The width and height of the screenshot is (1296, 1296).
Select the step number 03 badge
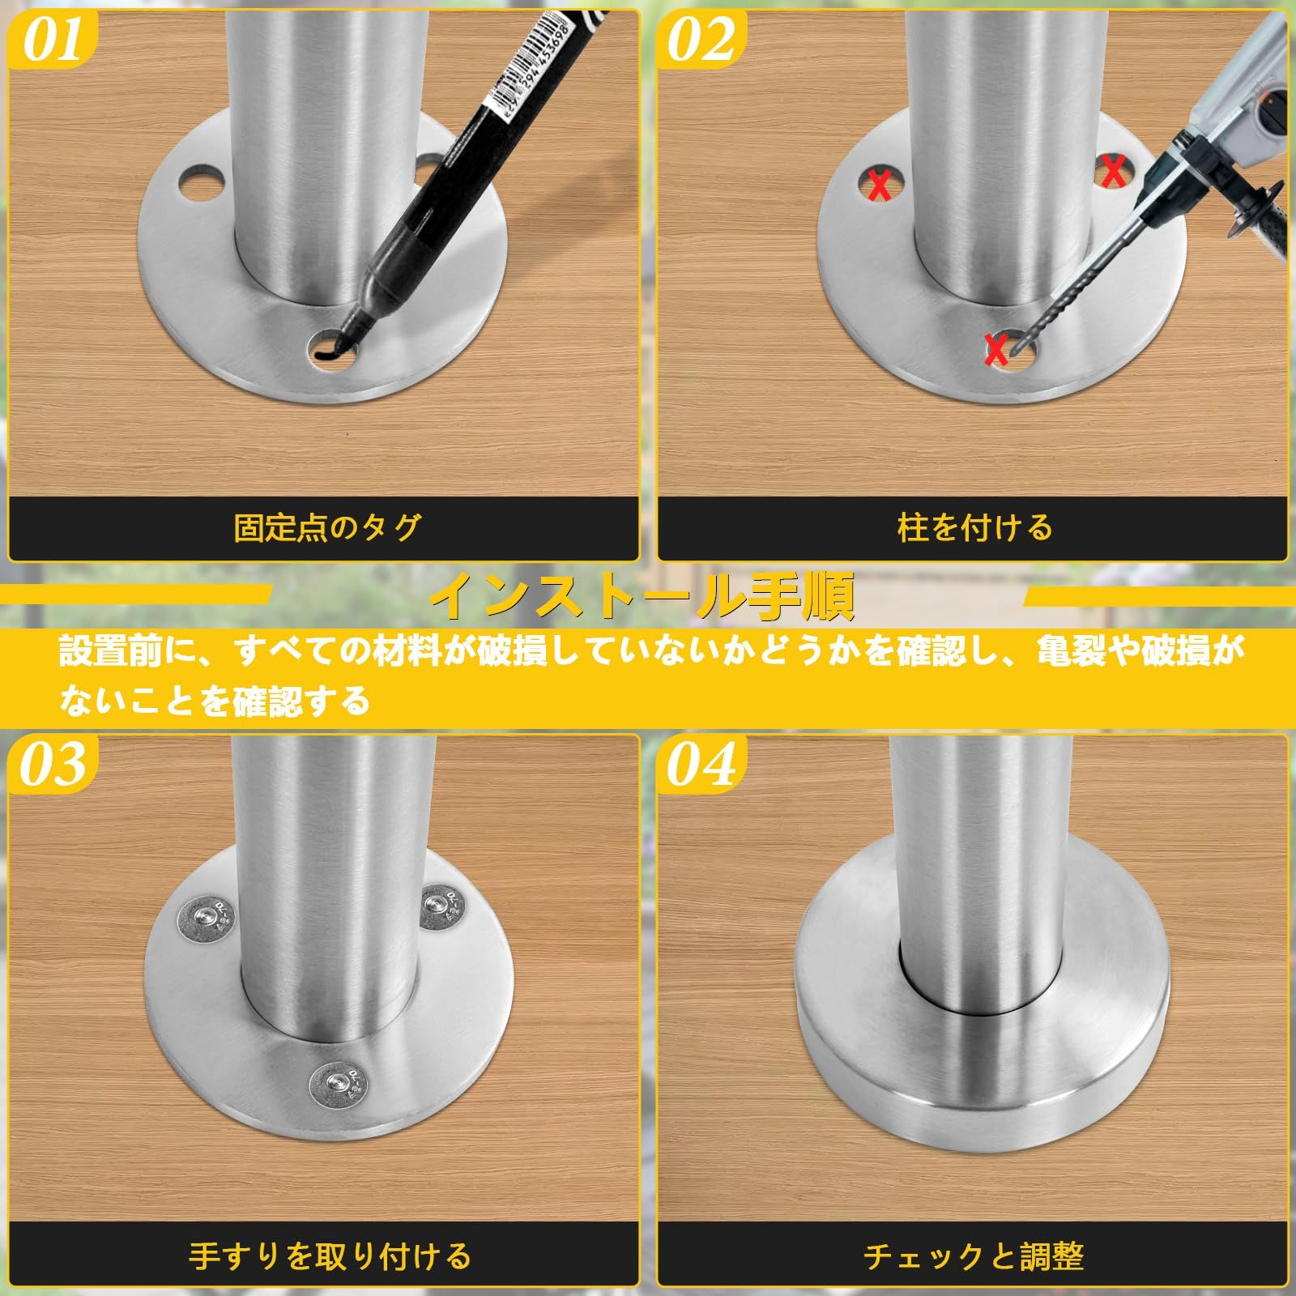point(52,765)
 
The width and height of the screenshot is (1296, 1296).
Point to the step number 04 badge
point(700,765)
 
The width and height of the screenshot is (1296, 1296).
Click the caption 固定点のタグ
point(327,527)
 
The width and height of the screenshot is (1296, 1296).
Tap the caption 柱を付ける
point(974,527)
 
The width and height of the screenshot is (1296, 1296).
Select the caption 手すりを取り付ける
point(330,1256)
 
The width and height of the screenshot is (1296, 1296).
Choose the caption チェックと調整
point(974,1256)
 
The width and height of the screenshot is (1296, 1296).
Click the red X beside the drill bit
point(996,348)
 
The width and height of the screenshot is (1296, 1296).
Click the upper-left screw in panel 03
point(203,916)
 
